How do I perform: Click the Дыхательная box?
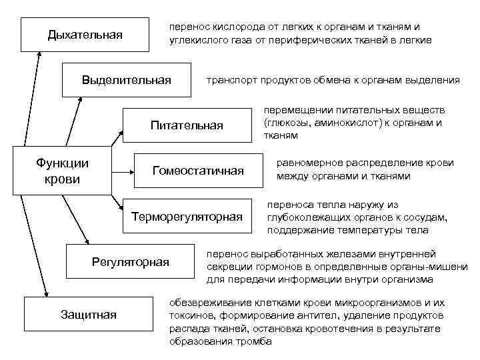pyautogui.click(x=85, y=35)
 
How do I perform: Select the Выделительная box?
pyautogui.click(x=126, y=81)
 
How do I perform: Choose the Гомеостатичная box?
pyautogui.click(x=198, y=171)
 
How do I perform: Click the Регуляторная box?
pyautogui.click(x=130, y=261)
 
